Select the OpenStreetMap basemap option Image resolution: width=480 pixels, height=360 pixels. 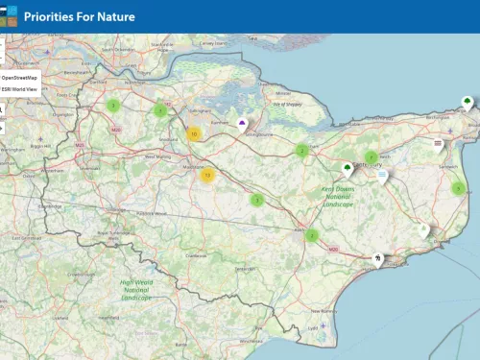click(x=19, y=76)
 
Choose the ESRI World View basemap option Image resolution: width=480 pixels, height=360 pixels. click(x=19, y=89)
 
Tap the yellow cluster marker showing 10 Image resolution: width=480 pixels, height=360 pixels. click(x=194, y=134)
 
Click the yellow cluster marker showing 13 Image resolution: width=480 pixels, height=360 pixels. click(x=207, y=175)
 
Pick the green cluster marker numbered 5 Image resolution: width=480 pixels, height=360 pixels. click(x=257, y=200)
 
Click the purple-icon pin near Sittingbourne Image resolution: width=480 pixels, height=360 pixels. click(x=242, y=125)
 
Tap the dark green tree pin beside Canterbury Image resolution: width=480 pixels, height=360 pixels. click(x=348, y=169)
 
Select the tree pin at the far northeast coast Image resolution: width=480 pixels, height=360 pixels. click(x=467, y=102)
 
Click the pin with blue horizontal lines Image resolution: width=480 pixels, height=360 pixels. click(x=382, y=177)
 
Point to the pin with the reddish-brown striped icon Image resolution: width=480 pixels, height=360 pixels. click(x=439, y=144)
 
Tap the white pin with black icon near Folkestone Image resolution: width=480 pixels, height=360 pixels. click(x=378, y=258)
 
